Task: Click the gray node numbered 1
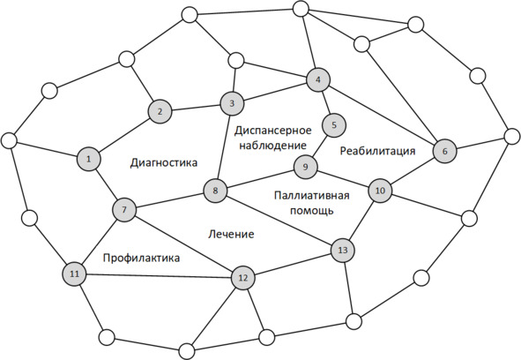click(x=89, y=159)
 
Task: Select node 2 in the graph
click(x=160, y=111)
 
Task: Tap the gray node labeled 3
click(x=232, y=103)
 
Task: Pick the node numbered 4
click(x=318, y=79)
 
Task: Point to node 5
click(x=334, y=125)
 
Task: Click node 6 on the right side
click(x=445, y=151)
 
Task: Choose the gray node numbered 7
click(x=124, y=210)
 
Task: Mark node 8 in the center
click(x=215, y=191)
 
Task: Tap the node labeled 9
click(x=305, y=167)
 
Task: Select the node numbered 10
click(x=380, y=191)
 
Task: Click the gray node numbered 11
click(x=75, y=274)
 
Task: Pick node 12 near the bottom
click(x=243, y=277)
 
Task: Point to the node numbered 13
click(x=343, y=250)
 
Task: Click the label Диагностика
click(x=164, y=162)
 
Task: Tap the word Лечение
click(x=231, y=234)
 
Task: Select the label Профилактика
click(x=142, y=258)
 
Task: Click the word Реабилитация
click(x=378, y=151)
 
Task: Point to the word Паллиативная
click(x=312, y=195)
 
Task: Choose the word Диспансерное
click(x=272, y=131)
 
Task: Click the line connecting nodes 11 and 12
click(x=159, y=275)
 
